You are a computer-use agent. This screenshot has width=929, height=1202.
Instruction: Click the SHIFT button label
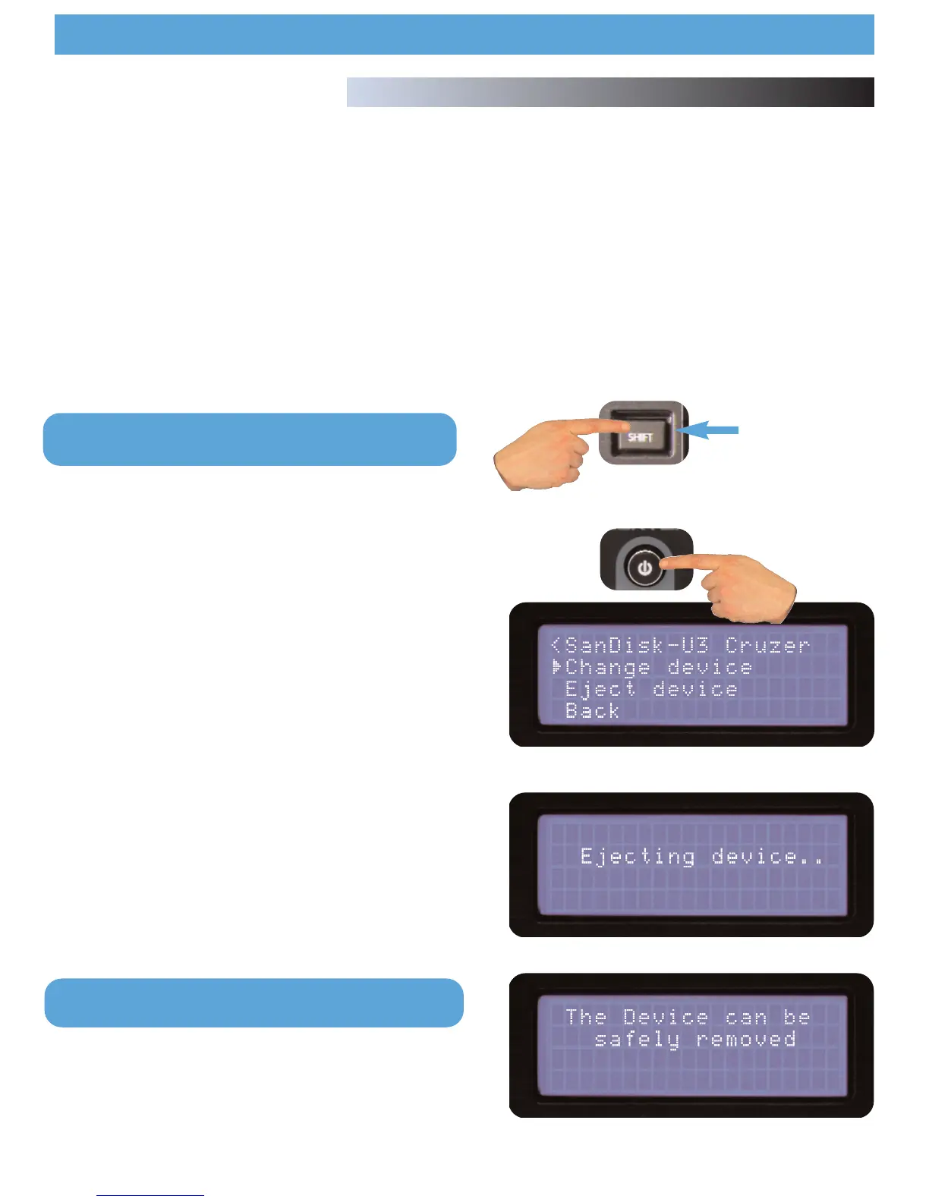click(640, 437)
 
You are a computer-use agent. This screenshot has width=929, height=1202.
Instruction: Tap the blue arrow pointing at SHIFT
click(710, 430)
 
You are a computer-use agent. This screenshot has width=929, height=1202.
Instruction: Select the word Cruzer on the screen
click(767, 645)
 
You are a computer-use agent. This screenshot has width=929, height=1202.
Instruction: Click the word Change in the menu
click(608, 667)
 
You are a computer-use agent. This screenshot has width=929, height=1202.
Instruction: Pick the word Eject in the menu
click(600, 689)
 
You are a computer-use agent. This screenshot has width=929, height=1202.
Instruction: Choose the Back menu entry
click(592, 711)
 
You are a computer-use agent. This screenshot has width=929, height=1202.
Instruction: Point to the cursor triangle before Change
click(557, 667)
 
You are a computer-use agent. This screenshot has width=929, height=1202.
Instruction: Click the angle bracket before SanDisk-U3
click(556, 645)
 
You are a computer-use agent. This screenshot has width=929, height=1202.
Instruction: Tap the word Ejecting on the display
click(638, 857)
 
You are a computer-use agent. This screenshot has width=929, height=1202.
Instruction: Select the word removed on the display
click(746, 1039)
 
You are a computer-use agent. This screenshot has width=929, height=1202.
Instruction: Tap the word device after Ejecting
click(767, 857)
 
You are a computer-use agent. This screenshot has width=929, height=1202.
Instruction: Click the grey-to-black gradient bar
click(610, 92)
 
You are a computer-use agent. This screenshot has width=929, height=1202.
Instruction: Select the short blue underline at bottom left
click(150, 1195)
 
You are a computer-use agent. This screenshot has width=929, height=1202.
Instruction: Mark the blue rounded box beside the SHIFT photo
click(250, 439)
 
